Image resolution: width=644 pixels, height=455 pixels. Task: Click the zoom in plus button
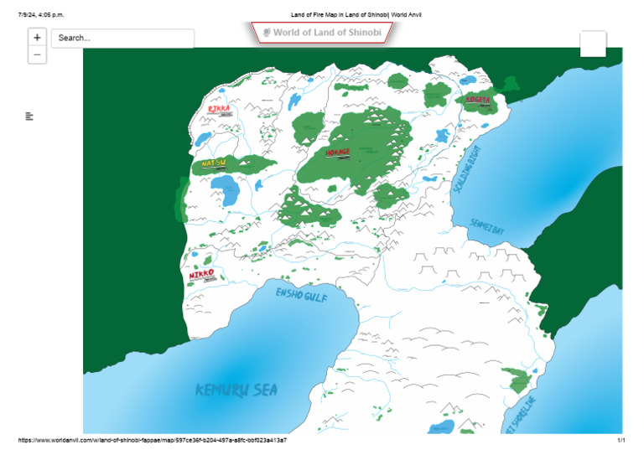[x=37, y=38]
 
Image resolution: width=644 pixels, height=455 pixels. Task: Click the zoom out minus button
[x=37, y=55]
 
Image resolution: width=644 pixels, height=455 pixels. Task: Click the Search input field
[x=122, y=39]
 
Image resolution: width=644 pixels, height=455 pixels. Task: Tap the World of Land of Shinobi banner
[x=322, y=33]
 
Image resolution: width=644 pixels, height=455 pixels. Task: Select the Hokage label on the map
[x=337, y=153]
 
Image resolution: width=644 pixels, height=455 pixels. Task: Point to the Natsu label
[x=214, y=163]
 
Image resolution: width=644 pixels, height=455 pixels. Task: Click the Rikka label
[x=219, y=109]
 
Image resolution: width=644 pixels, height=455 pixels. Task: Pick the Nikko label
[x=201, y=275]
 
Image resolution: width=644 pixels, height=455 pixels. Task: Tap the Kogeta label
[x=477, y=100]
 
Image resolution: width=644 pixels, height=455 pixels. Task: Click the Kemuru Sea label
[x=236, y=390]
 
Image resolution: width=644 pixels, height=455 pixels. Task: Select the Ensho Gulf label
[x=302, y=295]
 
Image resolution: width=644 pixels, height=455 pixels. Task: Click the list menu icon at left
[x=29, y=116]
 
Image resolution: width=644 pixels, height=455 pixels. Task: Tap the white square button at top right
[x=592, y=44]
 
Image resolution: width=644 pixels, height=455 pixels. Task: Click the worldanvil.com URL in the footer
[x=152, y=440]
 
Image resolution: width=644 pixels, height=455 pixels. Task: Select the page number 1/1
[x=621, y=440]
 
